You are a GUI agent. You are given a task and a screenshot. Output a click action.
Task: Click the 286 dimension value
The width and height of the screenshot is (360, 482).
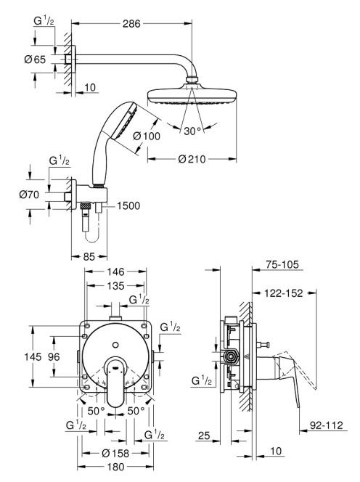pyautogui.click(x=131, y=24)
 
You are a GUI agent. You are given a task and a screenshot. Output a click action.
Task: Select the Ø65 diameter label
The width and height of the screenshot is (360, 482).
pyautogui.click(x=35, y=60)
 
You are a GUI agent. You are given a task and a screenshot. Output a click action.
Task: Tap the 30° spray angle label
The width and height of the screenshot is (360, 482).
pyautogui.click(x=193, y=131)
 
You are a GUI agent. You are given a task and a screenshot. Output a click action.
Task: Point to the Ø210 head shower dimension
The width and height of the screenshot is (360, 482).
pyautogui.click(x=192, y=159)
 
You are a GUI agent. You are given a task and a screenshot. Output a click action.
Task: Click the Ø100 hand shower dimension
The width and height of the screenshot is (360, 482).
pyautogui.click(x=147, y=136)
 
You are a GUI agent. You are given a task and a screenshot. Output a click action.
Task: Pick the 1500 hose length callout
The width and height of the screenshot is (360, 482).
pyautogui.click(x=128, y=205)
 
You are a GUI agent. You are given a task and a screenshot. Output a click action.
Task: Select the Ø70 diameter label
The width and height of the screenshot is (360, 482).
pyautogui.click(x=29, y=195)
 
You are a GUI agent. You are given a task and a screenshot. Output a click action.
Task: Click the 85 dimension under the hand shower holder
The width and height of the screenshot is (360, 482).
pyautogui.click(x=89, y=256)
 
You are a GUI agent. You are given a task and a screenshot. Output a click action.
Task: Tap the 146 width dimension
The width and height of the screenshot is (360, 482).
pyautogui.click(x=115, y=271)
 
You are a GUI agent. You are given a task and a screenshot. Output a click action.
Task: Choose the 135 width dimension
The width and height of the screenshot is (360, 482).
pyautogui.click(x=115, y=286)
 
